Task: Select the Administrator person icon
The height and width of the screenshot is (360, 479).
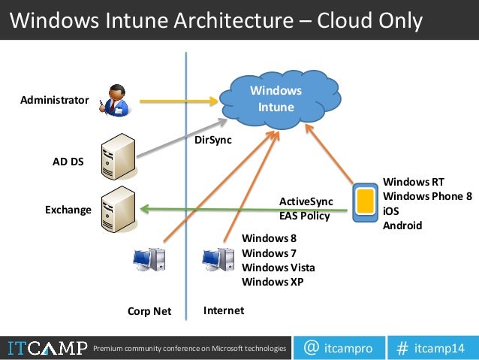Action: click(114, 99)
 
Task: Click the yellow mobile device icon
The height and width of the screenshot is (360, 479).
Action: click(365, 201)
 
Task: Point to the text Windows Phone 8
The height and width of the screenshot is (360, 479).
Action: click(427, 196)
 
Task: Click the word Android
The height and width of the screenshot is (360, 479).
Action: click(402, 225)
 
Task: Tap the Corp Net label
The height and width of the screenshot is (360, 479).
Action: click(149, 311)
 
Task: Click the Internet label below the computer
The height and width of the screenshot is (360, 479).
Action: click(224, 310)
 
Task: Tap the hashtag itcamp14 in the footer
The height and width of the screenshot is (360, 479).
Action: click(431, 348)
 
